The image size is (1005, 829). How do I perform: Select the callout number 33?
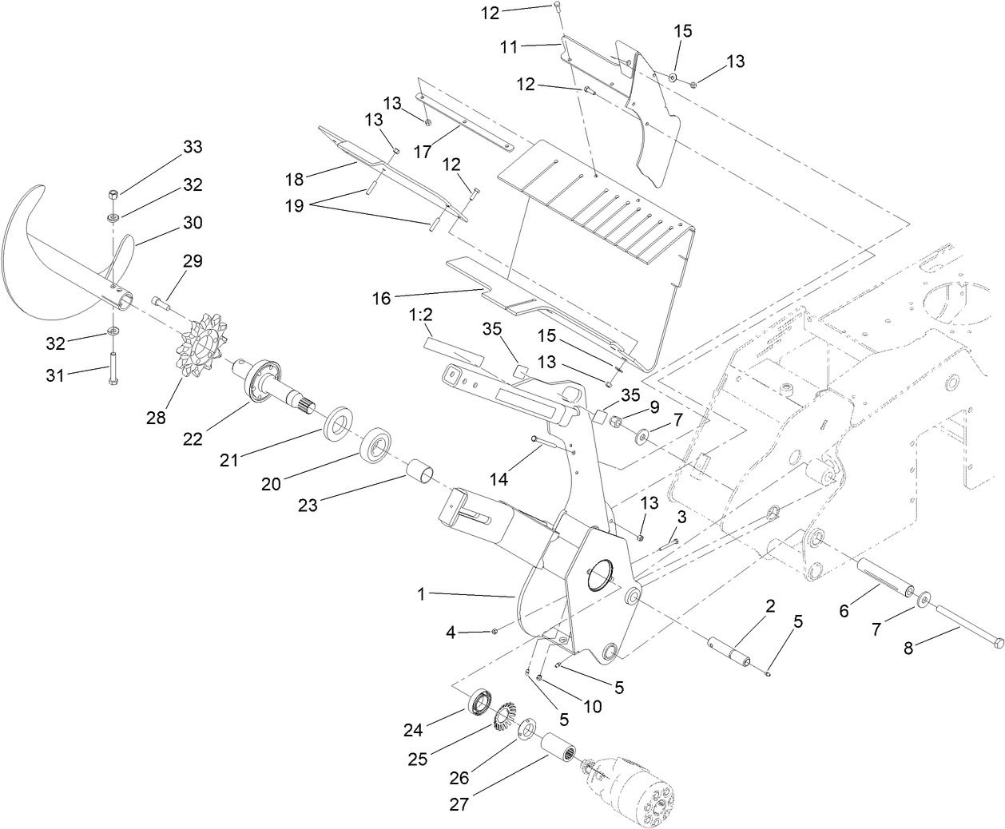192,147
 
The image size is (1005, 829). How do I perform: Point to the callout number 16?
382,298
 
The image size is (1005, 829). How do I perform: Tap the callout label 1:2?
421,316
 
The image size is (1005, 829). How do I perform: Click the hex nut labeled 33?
113,195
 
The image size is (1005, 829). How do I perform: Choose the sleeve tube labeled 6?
884,577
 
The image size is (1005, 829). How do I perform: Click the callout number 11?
509,47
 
